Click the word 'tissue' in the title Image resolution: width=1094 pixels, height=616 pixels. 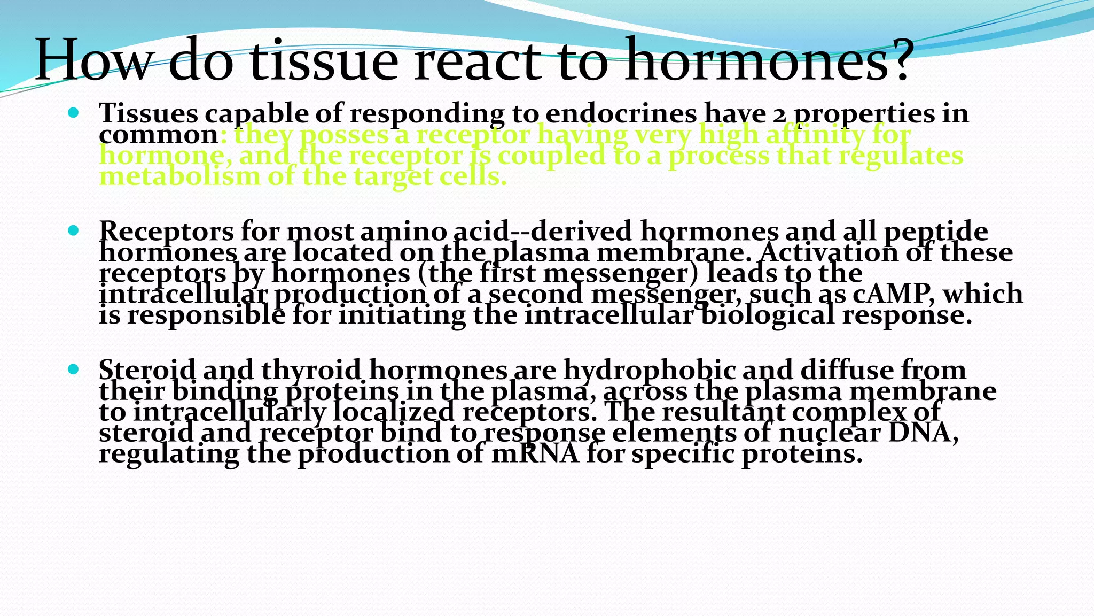[x=324, y=60]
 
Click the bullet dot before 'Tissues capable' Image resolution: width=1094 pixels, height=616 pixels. [x=74, y=113]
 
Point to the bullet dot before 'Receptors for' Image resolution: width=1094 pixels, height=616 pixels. [x=74, y=231]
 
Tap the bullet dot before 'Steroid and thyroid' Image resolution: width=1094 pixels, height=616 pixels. [x=74, y=369]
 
